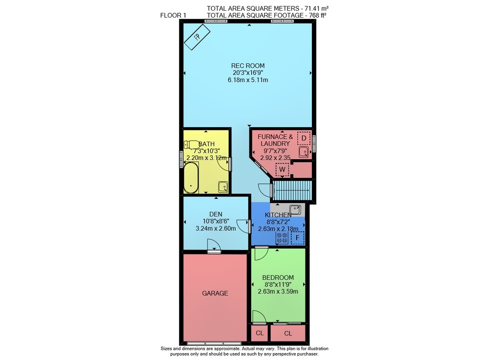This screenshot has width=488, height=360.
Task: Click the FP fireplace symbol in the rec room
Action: point(197,37)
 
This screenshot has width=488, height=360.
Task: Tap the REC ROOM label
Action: point(248,66)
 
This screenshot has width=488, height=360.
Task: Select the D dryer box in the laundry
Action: point(304,138)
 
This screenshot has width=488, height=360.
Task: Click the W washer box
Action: point(282,169)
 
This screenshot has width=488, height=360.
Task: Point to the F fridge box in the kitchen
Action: point(298,238)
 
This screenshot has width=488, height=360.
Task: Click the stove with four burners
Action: point(282,238)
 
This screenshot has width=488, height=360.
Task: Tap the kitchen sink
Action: point(295,210)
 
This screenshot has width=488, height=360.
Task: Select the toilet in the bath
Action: point(192,145)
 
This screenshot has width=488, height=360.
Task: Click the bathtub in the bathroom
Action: point(191,177)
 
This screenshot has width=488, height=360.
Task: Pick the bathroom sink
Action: point(223,187)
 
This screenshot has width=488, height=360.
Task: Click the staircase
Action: point(292,190)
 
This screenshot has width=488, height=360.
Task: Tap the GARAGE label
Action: point(215,294)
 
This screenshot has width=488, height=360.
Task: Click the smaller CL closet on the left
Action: point(260,333)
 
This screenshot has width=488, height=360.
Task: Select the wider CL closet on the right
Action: point(288,334)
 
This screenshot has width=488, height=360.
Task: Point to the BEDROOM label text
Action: point(278,277)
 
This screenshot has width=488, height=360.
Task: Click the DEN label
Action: point(216,214)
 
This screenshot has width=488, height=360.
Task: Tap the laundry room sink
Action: point(304,152)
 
